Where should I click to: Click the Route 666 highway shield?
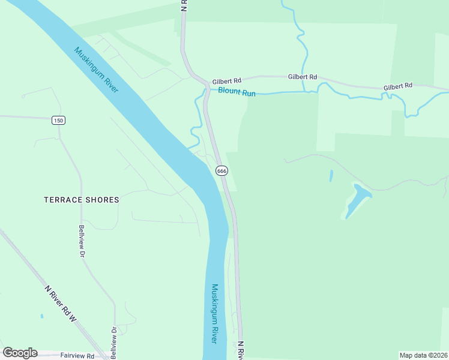(221, 171)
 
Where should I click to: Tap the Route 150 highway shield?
(58, 121)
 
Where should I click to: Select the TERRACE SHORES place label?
(82, 200)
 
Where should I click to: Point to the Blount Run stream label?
(237, 92)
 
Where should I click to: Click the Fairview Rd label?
(77, 356)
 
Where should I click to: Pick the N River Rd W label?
(61, 305)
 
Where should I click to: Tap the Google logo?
(20, 353)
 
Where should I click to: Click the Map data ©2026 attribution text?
(423, 355)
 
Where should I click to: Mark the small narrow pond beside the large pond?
(331, 176)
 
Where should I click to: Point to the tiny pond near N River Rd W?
(41, 316)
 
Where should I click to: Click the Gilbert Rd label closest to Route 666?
(226, 80)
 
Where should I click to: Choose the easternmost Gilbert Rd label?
(398, 86)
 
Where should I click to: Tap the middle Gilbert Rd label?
(302, 77)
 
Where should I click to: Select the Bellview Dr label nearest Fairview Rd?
(112, 339)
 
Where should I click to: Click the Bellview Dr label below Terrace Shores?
(81, 241)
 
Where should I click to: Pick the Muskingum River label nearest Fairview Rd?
(214, 313)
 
